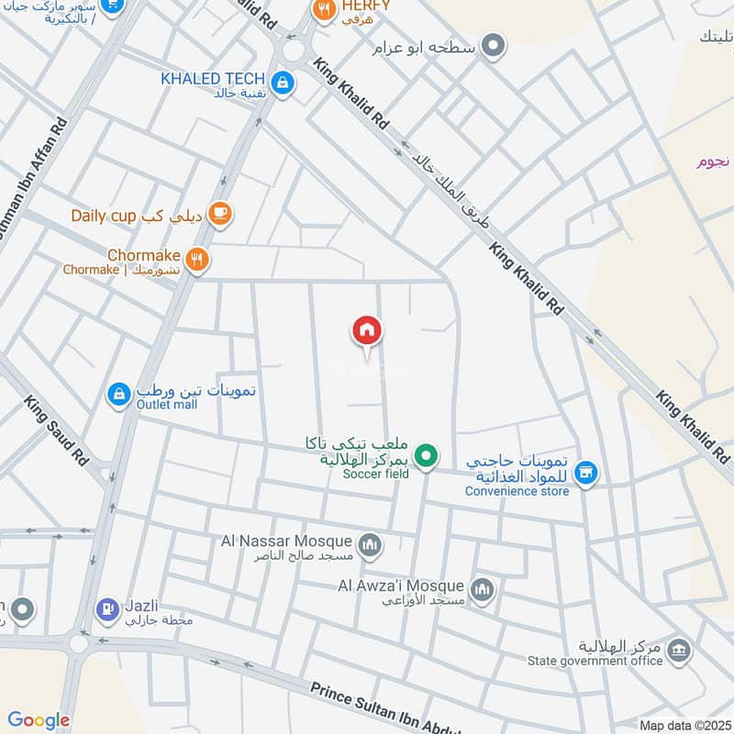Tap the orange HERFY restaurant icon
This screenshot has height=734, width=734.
pyautogui.click(x=323, y=10)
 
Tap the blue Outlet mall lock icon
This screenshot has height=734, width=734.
pyautogui.click(x=118, y=395)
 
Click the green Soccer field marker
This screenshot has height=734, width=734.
pyautogui.click(x=425, y=454)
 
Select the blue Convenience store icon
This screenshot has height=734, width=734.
pyautogui.click(x=586, y=473)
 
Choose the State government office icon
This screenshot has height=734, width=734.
pyautogui.click(x=679, y=651)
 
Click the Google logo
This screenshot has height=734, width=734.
pyautogui.click(x=39, y=721)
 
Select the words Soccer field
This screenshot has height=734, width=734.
pyautogui.click(x=376, y=473)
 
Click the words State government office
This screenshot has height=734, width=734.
pyautogui.click(x=595, y=661)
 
